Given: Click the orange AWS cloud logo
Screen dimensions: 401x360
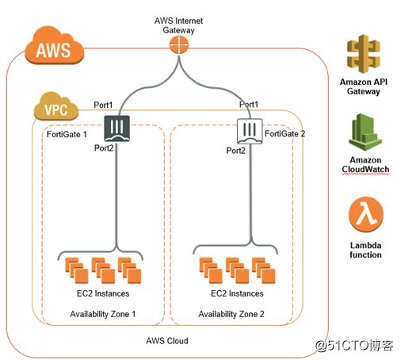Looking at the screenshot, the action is (55, 45).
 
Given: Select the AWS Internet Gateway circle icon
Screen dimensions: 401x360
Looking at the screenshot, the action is (179, 44).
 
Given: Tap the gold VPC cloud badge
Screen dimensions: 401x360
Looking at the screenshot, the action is (56, 106).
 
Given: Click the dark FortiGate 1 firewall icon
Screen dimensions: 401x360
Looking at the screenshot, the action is (116, 128).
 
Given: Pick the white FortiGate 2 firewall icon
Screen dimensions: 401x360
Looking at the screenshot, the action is (250, 131).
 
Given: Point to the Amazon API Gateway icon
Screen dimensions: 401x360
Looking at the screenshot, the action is (364, 54).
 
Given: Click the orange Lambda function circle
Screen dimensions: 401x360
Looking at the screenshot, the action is (365, 215).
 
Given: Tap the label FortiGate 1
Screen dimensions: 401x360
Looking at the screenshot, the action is (67, 134).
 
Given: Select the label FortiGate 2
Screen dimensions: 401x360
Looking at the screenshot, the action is (285, 134).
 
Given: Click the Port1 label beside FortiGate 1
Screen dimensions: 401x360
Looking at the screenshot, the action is (103, 105).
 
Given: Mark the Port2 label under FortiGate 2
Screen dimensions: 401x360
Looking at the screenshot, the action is (235, 151).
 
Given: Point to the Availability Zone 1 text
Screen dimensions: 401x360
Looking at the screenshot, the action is (103, 314).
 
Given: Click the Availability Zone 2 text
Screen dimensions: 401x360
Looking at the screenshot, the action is (231, 314).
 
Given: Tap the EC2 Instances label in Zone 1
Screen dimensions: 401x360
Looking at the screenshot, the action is (103, 293).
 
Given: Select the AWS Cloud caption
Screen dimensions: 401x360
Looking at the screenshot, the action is (167, 341).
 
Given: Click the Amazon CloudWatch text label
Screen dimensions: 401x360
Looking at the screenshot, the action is (365, 165).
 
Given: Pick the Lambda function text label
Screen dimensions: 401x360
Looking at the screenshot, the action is (365, 250).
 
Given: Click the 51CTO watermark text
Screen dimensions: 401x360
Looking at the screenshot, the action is (354, 345).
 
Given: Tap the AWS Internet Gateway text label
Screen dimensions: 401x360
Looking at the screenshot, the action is (178, 25).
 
